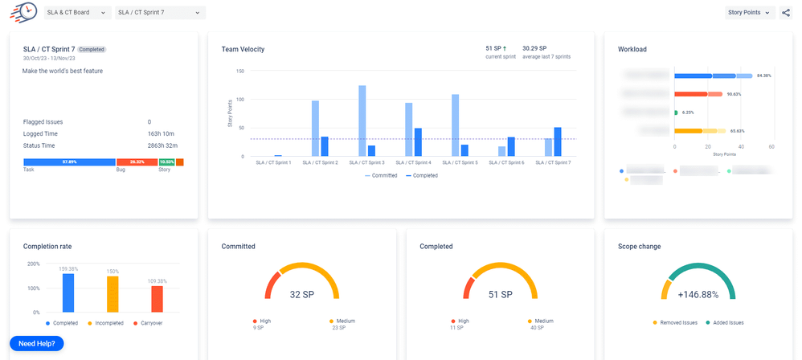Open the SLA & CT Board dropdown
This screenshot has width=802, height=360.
pos(77,13)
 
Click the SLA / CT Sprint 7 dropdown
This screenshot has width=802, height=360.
pos(159,13)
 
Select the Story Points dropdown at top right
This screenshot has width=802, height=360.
pos(751,13)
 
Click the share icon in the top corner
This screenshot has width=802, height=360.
pos(785,13)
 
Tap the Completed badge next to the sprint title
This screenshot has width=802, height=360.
pos(92,49)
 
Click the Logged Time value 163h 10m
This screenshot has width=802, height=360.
pos(163,133)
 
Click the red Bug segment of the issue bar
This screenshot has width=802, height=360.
pos(137,162)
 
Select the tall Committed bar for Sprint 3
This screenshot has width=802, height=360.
pos(362,121)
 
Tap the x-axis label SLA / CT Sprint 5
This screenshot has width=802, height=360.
pos(460,162)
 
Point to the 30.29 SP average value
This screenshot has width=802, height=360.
pos(536,48)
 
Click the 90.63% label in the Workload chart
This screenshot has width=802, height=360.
pos(733,94)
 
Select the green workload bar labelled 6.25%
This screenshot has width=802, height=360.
pos(677,112)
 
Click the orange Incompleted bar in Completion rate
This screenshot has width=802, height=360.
pos(113,294)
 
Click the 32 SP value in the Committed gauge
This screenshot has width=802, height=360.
pos(301,295)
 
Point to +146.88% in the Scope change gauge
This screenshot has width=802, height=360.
pos(698,295)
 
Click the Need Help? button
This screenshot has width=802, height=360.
pos(36,343)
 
